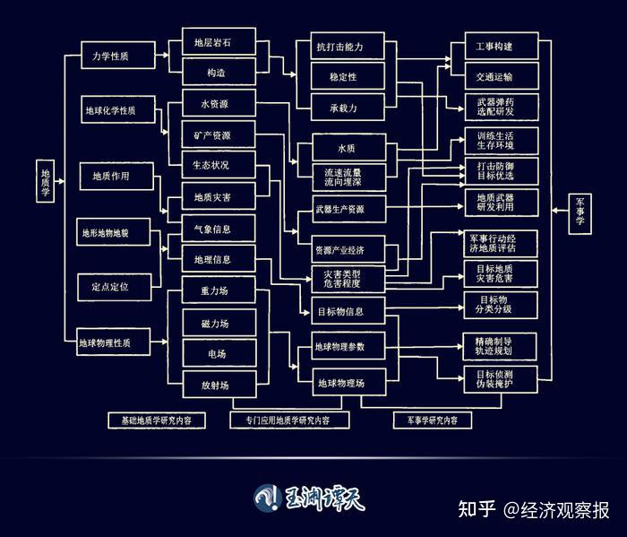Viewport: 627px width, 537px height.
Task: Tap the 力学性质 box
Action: point(111,56)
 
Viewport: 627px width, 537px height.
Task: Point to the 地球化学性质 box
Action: point(111,111)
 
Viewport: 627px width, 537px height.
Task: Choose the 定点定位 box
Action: point(111,287)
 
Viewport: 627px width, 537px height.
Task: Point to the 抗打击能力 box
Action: point(339,46)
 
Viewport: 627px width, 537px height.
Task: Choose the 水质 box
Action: point(347,145)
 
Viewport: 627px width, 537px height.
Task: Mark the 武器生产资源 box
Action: point(339,210)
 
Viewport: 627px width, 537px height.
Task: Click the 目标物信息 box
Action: point(339,313)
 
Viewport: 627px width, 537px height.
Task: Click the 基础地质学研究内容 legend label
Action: point(157,420)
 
